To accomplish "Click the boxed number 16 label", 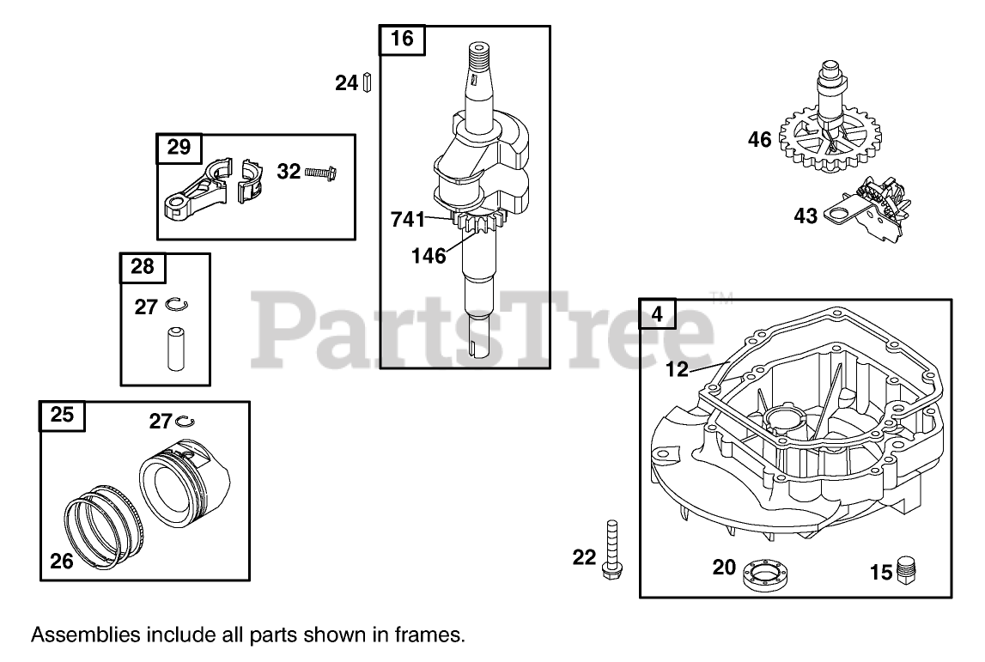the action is coord(402,39).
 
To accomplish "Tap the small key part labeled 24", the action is coord(366,83).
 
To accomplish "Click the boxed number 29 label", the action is coord(179,148).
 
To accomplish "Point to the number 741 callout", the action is coord(408,220).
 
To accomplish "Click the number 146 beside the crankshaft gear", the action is coord(429,255).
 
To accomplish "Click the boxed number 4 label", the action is coord(658,314).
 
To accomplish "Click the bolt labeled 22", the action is coord(611,550).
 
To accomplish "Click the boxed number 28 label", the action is coord(142,267).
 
